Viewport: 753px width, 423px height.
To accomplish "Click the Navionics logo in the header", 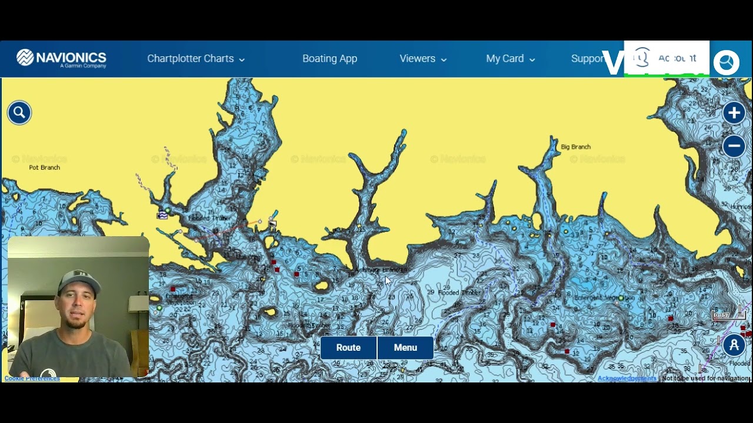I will pyautogui.click(x=61, y=58).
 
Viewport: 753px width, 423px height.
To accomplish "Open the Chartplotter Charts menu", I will pyautogui.click(x=196, y=59).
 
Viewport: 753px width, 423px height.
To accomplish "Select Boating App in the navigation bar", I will pyautogui.click(x=329, y=59).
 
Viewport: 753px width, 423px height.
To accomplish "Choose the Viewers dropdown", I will pyautogui.click(x=423, y=59).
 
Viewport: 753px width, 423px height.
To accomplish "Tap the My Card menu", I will pyautogui.click(x=510, y=59).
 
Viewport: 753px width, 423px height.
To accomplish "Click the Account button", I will pyautogui.click(x=667, y=58).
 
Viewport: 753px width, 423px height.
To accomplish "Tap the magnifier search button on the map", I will pyautogui.click(x=19, y=112).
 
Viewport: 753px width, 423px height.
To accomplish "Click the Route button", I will pyautogui.click(x=348, y=348).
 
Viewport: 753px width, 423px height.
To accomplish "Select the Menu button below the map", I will pyautogui.click(x=405, y=348).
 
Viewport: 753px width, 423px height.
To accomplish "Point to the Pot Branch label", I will pyautogui.click(x=45, y=167).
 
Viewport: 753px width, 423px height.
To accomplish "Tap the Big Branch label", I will pyautogui.click(x=575, y=147).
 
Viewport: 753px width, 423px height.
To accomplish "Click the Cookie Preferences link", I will pyautogui.click(x=32, y=378).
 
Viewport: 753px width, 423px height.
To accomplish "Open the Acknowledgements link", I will pyautogui.click(x=627, y=378).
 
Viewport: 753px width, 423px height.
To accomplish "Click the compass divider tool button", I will pyautogui.click(x=734, y=345).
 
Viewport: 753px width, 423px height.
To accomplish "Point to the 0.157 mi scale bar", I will pyautogui.click(x=729, y=315).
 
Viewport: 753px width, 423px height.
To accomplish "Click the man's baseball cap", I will pyautogui.click(x=78, y=279).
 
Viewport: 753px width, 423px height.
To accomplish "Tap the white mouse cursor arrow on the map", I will pyautogui.click(x=388, y=281).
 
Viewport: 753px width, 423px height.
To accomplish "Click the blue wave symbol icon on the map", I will pyautogui.click(x=162, y=216).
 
